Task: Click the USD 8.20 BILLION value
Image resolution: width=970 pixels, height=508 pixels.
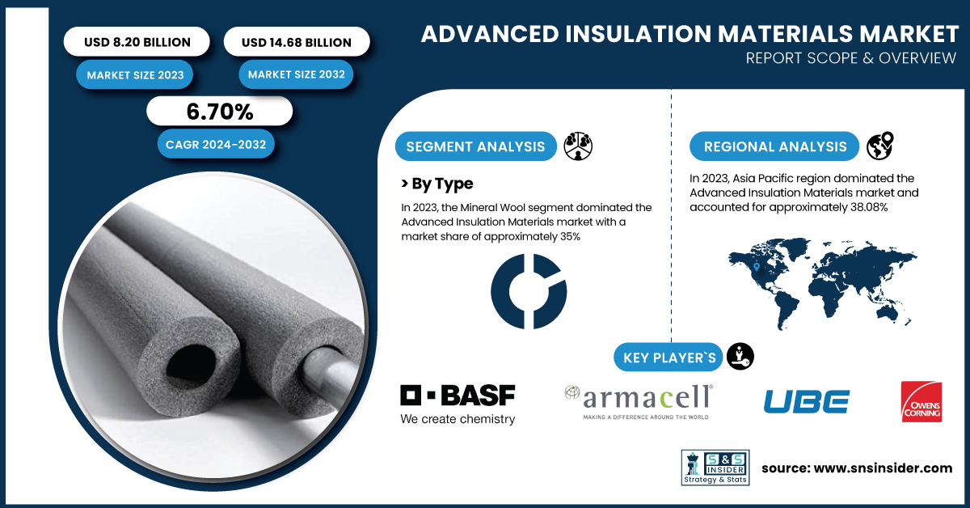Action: click(x=137, y=42)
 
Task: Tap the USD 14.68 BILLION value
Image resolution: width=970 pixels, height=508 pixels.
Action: click(x=296, y=43)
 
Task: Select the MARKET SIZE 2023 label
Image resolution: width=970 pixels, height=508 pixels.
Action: click(x=135, y=75)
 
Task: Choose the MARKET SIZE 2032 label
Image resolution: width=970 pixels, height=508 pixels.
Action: click(x=296, y=74)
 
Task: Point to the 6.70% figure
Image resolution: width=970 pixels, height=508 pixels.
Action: click(x=220, y=112)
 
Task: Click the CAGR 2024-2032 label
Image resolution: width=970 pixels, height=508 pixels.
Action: click(x=216, y=144)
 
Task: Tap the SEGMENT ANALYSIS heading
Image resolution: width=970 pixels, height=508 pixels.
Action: click(x=475, y=146)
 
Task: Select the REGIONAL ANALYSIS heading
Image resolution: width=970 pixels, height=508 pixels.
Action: click(x=775, y=146)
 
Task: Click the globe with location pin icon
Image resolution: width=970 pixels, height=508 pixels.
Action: click(x=880, y=146)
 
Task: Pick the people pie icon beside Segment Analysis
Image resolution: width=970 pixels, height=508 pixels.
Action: click(x=578, y=146)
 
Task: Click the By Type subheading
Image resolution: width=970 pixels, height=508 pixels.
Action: click(x=437, y=184)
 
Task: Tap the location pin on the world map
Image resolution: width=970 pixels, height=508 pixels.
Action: click(x=756, y=267)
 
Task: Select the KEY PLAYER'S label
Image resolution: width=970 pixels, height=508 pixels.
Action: click(x=669, y=358)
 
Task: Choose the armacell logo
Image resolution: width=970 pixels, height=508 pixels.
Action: click(x=639, y=402)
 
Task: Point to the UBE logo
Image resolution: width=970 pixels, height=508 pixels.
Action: click(x=807, y=401)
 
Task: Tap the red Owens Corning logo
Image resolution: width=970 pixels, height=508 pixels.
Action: click(x=921, y=402)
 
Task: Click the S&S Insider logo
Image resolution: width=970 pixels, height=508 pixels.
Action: click(x=715, y=468)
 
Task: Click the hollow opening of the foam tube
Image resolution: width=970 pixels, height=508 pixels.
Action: click(x=191, y=362)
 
